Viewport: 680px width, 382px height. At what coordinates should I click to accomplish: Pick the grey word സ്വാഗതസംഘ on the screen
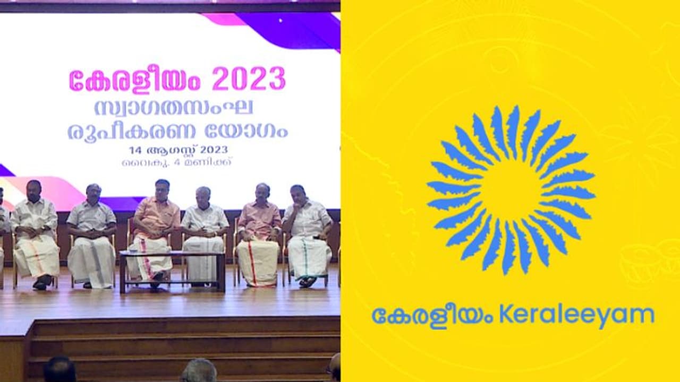click(x=174, y=108)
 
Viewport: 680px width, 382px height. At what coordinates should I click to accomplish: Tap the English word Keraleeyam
click(x=576, y=315)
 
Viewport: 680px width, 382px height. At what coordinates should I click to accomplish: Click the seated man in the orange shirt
click(x=156, y=223)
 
